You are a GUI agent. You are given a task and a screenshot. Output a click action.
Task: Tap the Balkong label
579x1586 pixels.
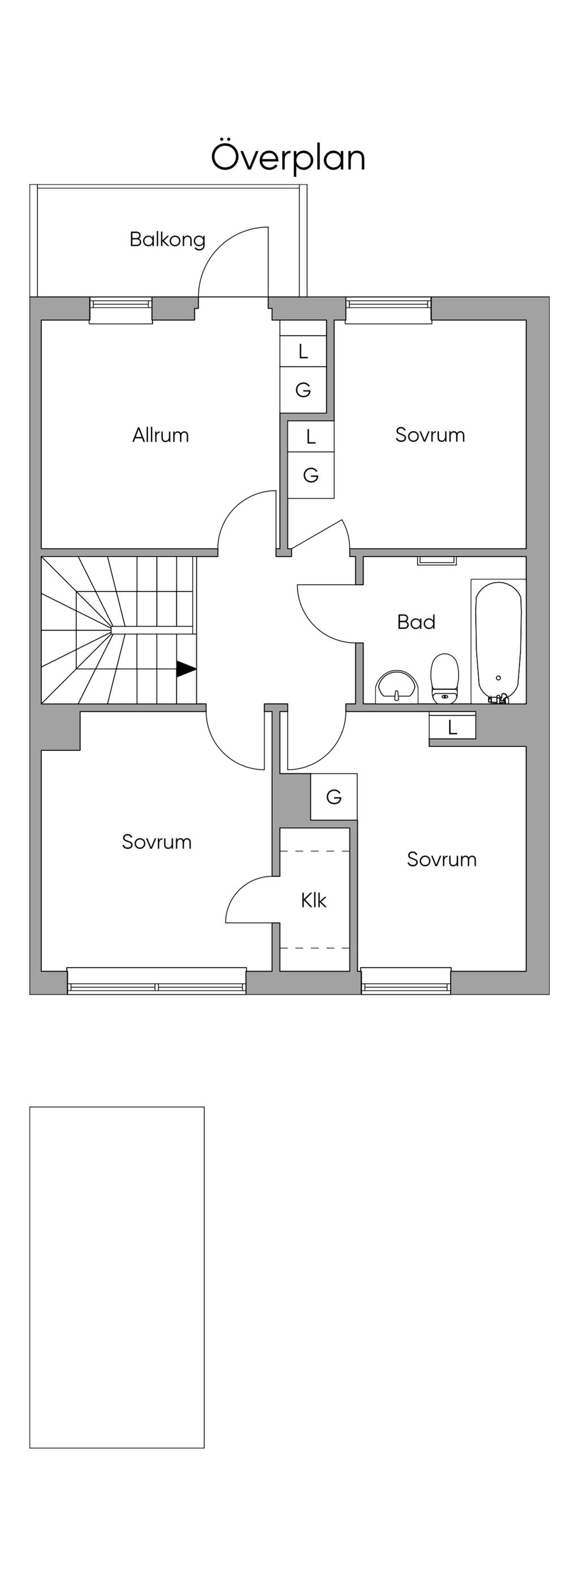(167, 240)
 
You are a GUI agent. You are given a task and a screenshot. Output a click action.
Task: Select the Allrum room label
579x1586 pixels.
(160, 435)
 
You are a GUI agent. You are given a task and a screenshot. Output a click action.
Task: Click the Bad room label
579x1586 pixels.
(416, 622)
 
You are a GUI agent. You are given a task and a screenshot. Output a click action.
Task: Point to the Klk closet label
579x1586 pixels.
(313, 900)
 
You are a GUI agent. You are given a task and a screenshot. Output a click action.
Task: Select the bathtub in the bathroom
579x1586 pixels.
(498, 640)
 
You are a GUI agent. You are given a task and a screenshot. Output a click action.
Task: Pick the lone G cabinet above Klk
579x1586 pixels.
(333, 797)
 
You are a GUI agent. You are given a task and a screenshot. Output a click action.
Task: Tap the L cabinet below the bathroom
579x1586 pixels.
(452, 727)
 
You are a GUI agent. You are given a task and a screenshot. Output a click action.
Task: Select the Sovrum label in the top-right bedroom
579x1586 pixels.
(430, 435)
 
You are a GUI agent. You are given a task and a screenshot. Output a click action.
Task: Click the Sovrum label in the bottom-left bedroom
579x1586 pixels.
(157, 842)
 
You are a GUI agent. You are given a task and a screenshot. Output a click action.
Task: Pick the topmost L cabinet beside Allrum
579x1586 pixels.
(303, 351)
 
